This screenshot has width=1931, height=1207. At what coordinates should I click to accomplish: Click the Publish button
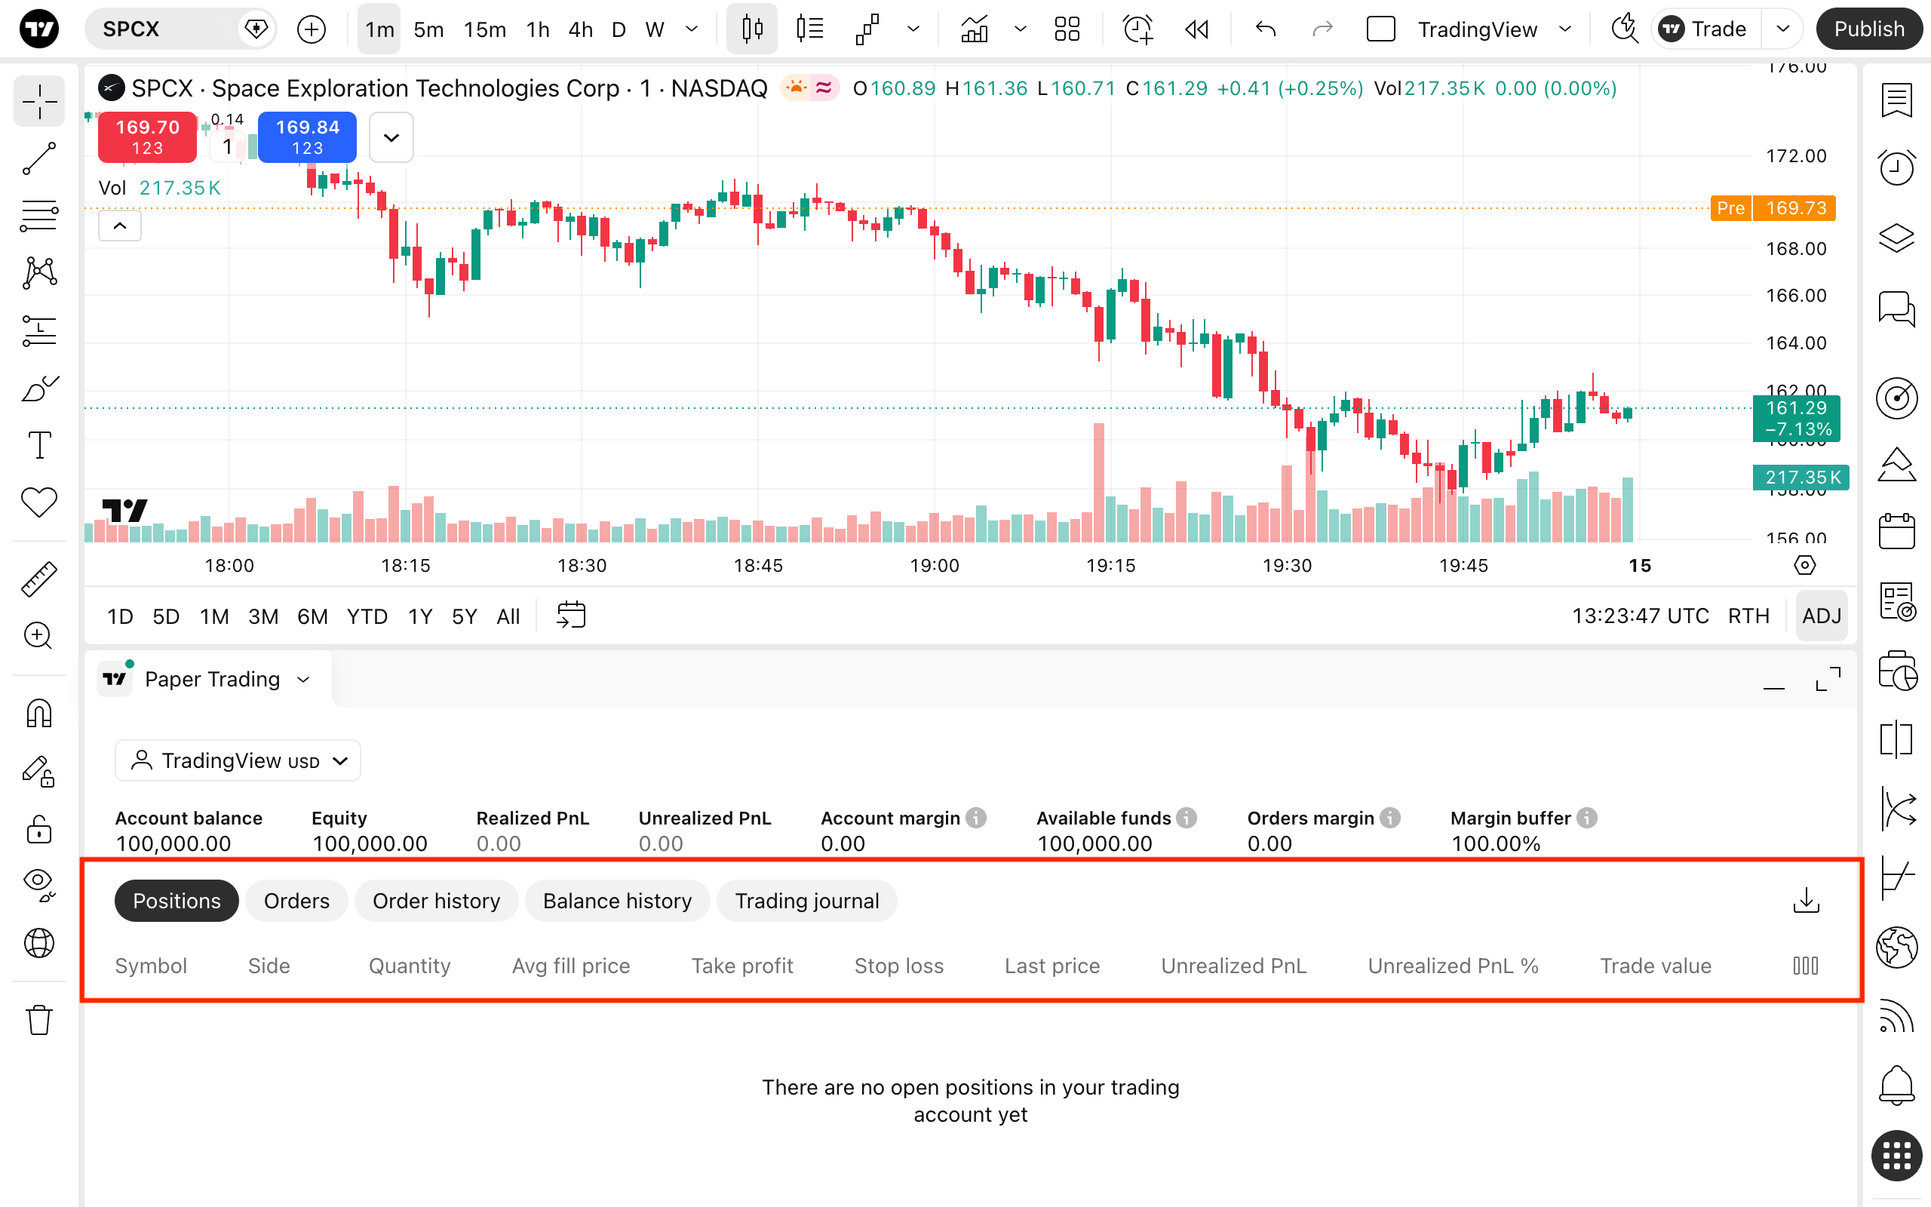(x=1868, y=29)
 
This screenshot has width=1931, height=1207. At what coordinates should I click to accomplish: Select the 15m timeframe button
(x=484, y=29)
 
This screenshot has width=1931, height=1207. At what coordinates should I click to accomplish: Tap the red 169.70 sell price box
(x=148, y=137)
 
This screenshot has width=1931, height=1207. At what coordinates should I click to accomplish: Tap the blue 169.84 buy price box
(x=307, y=137)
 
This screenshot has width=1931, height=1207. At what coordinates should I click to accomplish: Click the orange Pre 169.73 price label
(x=1773, y=208)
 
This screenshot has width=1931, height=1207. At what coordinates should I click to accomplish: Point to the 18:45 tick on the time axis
(x=758, y=566)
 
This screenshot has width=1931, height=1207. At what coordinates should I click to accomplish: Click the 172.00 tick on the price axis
(x=1796, y=155)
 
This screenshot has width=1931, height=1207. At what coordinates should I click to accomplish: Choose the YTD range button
(x=367, y=616)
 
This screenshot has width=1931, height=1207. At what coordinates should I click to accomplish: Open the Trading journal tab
(x=806, y=901)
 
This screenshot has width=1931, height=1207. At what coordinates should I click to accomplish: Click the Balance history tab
(x=618, y=901)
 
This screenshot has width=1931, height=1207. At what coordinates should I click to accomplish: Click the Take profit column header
(x=742, y=966)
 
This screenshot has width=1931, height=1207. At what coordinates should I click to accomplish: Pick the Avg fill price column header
(x=571, y=966)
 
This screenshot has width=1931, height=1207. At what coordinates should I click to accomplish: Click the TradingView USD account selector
(x=238, y=760)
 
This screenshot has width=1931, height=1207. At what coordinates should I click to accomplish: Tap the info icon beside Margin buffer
(x=1587, y=818)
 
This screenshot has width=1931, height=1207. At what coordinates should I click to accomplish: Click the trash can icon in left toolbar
(x=39, y=1020)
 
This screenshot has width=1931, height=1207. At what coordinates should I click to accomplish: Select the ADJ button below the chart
(x=1822, y=616)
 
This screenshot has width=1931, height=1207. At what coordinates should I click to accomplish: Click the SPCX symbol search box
(x=180, y=29)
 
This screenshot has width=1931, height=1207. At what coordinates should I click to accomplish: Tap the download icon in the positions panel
(x=1807, y=901)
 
